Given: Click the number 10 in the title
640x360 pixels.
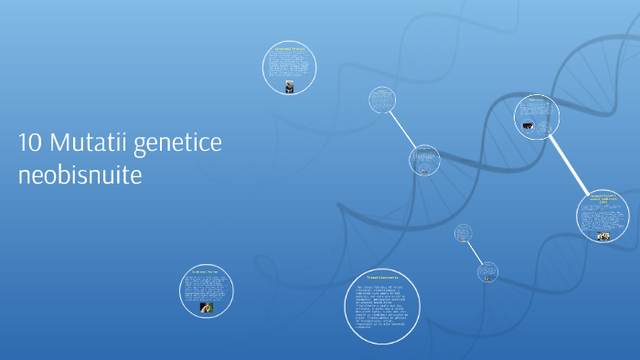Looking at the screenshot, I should click(x=28, y=143).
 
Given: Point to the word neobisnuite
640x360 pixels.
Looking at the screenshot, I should click(x=80, y=175).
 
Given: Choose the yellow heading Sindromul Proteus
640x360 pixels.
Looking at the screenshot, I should click(x=290, y=48).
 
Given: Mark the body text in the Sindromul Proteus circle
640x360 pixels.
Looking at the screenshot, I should click(x=290, y=66).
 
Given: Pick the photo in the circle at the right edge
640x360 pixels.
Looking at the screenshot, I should click(x=603, y=236).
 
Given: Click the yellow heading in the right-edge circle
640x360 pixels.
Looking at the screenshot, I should click(x=603, y=197).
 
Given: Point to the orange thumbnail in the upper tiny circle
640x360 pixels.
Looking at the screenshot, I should click(x=464, y=240).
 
